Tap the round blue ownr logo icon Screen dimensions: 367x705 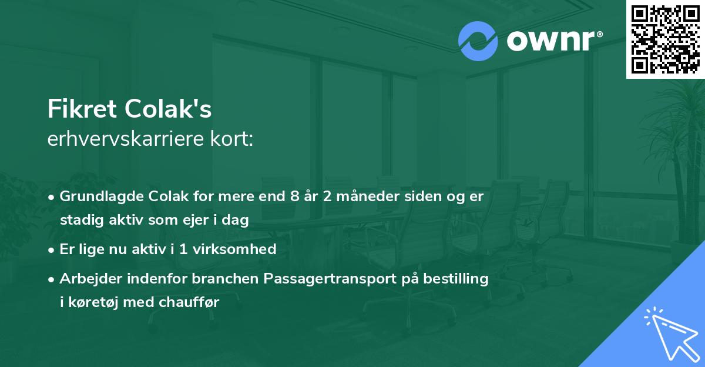click(x=478, y=41)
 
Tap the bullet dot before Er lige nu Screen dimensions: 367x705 click(x=52, y=249)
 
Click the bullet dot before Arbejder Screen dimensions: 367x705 click(x=52, y=279)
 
